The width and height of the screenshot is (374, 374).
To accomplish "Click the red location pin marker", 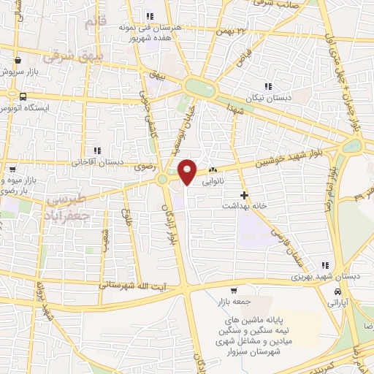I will (188, 171).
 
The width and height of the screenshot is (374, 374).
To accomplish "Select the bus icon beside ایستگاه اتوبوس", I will (23, 96).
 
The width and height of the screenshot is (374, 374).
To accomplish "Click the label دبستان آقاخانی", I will (94, 162).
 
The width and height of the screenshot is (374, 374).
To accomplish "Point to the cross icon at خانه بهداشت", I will (245, 196).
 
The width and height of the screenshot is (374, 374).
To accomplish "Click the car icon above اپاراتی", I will (337, 291).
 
